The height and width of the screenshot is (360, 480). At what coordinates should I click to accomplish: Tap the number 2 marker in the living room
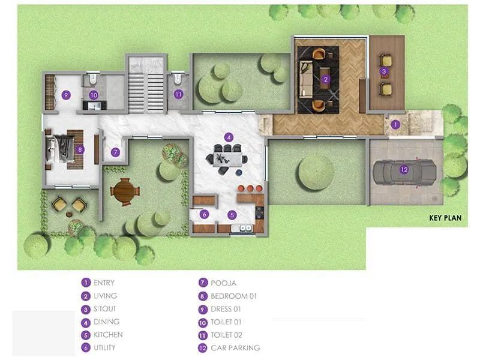325,79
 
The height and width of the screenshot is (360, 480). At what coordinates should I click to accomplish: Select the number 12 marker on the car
404,170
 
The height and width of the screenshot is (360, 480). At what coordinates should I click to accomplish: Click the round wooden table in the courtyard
124,191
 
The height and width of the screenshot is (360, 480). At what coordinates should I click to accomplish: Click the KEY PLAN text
445,218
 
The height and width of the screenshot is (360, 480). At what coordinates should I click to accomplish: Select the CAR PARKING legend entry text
236,347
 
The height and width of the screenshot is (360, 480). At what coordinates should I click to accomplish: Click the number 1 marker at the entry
395,125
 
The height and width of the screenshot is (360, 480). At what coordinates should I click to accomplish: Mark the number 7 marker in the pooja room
115,152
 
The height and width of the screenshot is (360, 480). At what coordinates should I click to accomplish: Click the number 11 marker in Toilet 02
178,94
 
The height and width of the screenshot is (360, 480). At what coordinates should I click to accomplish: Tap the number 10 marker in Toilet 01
93,95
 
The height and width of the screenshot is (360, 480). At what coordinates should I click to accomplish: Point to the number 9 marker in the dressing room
66,95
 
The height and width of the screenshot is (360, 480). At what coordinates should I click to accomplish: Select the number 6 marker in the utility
204,214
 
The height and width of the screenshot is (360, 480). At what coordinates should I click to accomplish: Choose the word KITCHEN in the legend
109,334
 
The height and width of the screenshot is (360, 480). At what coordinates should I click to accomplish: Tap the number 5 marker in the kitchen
233,214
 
